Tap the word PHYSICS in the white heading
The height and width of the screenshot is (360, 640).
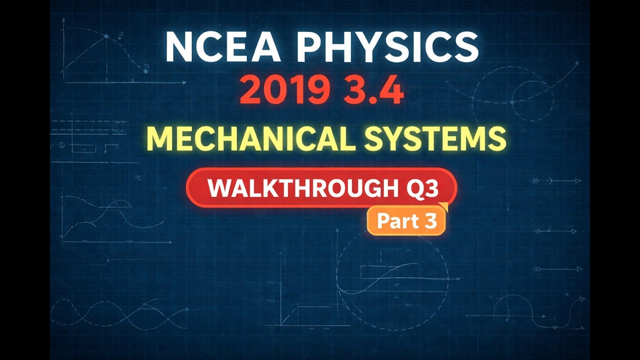pos(390,47)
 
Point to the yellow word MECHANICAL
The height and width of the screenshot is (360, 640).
pos(250,138)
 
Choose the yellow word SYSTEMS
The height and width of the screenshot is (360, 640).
pos(435,138)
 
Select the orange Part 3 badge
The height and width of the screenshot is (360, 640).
pos(406,221)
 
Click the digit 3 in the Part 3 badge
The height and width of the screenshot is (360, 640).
pos(431,221)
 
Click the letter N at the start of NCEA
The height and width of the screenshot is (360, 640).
pos(179,47)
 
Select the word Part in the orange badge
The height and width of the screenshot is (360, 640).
pos(397,221)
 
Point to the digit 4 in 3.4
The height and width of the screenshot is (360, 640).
pos(390,91)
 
